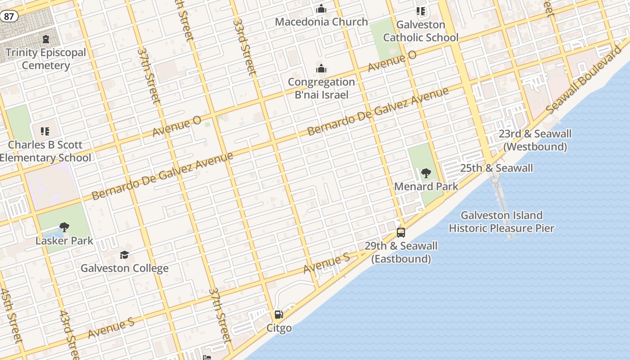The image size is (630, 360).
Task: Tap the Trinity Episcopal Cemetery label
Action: (x=45, y=59)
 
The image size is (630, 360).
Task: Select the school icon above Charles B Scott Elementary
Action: (x=45, y=131)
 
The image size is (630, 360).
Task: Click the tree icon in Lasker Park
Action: (x=64, y=227)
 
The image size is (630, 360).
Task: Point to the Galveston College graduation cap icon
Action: (x=124, y=255)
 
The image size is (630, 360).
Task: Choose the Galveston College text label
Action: (x=125, y=268)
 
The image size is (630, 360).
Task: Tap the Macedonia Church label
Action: (x=321, y=22)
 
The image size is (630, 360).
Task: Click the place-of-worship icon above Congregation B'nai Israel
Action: (x=321, y=69)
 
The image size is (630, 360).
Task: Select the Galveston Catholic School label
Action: (x=421, y=31)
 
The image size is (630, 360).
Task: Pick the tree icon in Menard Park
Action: (x=426, y=173)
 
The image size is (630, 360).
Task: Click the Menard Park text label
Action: (x=426, y=186)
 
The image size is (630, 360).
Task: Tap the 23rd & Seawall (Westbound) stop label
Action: (x=535, y=140)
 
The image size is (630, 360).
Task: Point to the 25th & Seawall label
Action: (x=496, y=168)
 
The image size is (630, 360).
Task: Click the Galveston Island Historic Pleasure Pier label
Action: (x=501, y=221)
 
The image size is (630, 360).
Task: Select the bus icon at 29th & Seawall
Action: (x=401, y=233)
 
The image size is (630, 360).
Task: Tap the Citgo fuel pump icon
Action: (x=279, y=315)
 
